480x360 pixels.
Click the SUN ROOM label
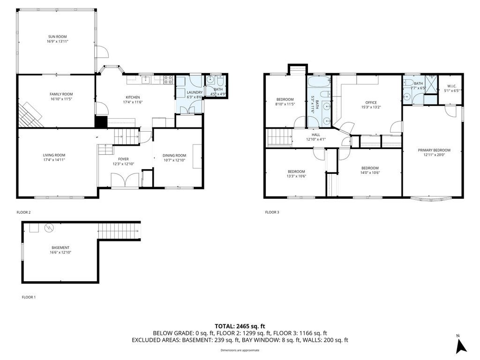pyautogui.click(x=57, y=37)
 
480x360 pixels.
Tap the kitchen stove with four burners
pyautogui.click(x=168, y=80)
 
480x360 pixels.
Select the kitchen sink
pyautogui.click(x=145, y=79)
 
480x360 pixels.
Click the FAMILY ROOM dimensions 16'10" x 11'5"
pyautogui.click(x=61, y=99)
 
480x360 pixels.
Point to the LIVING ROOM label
pyautogui.click(x=54, y=155)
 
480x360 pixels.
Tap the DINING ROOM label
pyautogui.click(x=174, y=155)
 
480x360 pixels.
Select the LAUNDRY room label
pyautogui.click(x=195, y=92)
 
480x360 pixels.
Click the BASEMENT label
pyautogui.click(x=60, y=247)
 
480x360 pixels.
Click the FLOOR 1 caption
pyautogui.click(x=29, y=297)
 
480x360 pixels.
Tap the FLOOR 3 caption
pyautogui.click(x=272, y=212)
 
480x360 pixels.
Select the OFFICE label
pyautogui.click(x=371, y=103)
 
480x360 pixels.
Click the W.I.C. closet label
pyautogui.click(x=452, y=86)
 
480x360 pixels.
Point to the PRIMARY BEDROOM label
pyautogui.click(x=434, y=150)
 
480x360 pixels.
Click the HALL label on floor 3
pyautogui.click(x=316, y=135)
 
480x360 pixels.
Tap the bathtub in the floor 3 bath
pyautogui.click(x=319, y=82)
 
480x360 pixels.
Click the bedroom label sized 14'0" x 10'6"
pyautogui.click(x=370, y=168)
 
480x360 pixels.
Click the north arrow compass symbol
pyautogui.click(x=461, y=346)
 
